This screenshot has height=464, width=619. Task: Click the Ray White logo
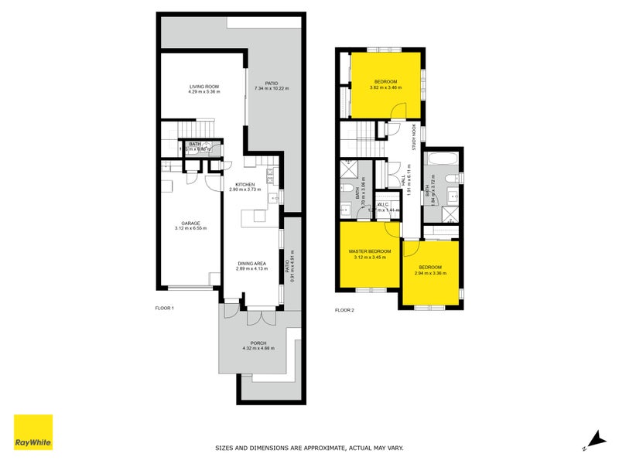coord(33,432)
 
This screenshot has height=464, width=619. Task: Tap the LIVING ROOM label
coord(204,86)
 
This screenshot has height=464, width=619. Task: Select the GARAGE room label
coord(186,223)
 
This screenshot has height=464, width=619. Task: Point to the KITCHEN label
coord(245,183)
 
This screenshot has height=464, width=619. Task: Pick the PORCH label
coord(258,343)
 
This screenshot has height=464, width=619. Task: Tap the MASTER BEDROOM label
coord(371,251)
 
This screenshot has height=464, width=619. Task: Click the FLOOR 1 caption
coord(166,308)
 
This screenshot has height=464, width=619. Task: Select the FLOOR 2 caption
coord(344,310)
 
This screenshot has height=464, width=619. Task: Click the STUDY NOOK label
coord(414,138)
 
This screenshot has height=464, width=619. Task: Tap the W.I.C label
coord(384,204)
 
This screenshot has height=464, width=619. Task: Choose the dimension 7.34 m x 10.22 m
coord(271,89)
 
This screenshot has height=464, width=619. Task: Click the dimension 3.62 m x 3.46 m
coord(386,88)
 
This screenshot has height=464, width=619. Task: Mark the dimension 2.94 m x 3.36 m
coord(431,273)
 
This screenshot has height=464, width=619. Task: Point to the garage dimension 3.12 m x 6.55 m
coord(186,230)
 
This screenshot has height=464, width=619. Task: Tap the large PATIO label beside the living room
coord(272,83)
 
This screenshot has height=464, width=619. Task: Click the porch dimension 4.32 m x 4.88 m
coord(258,349)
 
